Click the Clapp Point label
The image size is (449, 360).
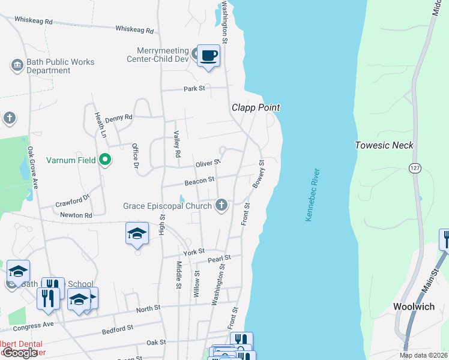click(256, 107)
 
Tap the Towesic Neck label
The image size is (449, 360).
click(384, 145)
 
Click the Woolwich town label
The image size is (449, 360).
click(414, 306)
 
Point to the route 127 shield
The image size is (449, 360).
click(414, 169)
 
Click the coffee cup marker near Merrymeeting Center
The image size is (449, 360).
click(208, 56)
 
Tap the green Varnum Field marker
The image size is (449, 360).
click(105, 160)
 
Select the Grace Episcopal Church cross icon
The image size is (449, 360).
click(221, 206)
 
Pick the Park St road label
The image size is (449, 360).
click(194, 89)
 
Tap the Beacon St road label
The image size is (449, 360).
click(200, 179)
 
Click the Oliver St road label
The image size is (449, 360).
click(208, 163)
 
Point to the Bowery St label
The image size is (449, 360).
click(259, 174)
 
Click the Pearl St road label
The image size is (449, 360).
click(219, 259)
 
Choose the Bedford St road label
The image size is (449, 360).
click(117, 329)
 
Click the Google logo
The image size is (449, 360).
click(20, 353)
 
